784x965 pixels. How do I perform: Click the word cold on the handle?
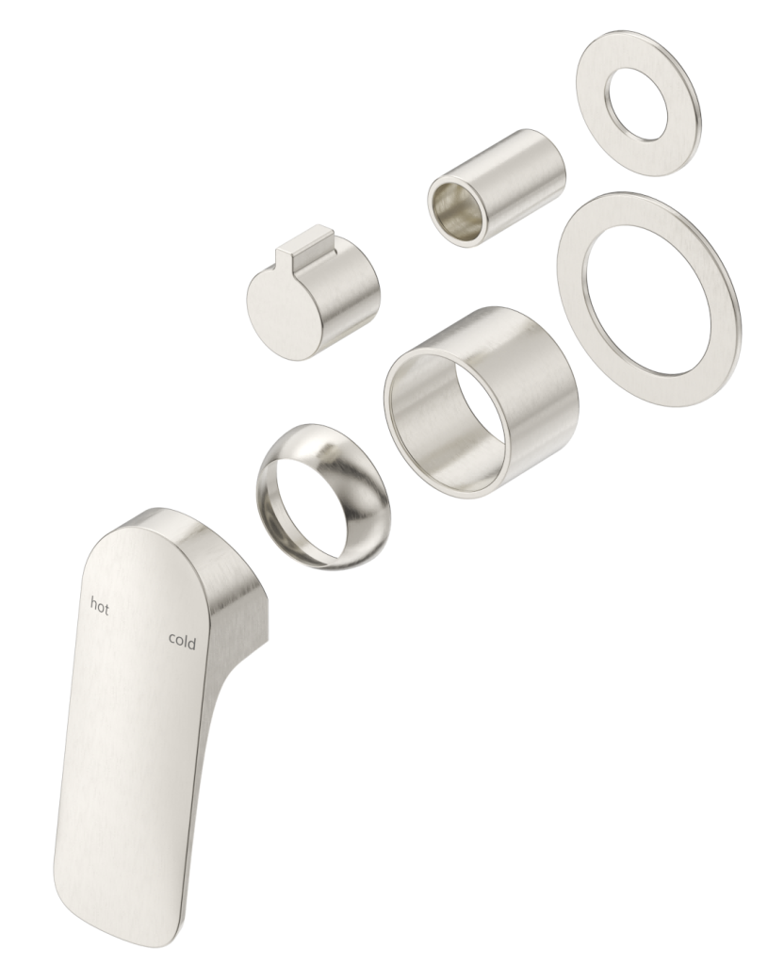click(x=182, y=641)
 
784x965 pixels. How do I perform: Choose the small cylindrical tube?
click(x=497, y=188)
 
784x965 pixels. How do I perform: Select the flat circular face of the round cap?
click(x=279, y=310)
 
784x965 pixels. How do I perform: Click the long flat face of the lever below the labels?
click(x=132, y=754)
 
